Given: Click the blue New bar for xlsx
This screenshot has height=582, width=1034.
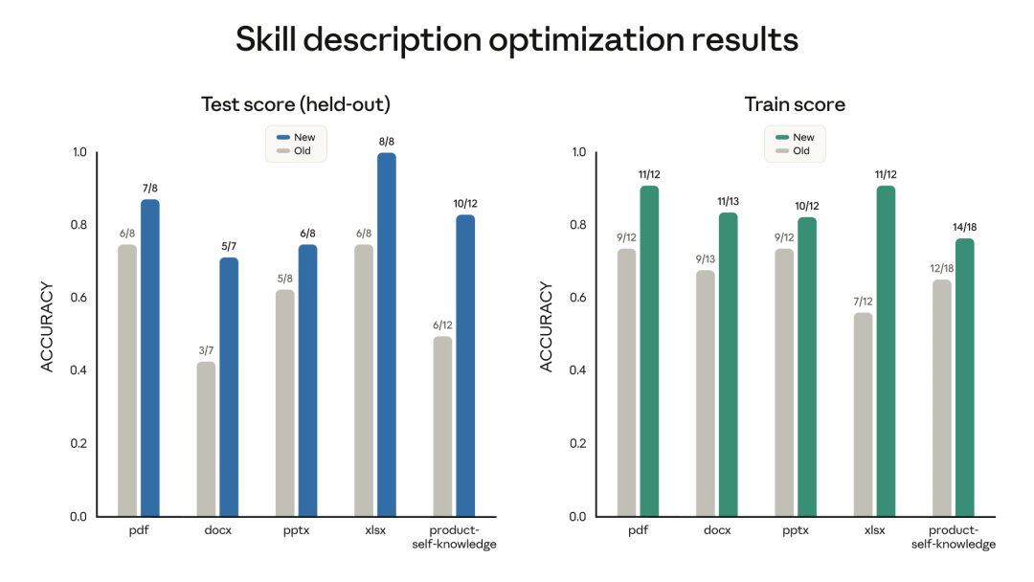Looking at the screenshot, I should pos(386,335).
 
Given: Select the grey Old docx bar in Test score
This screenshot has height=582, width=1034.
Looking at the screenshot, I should pos(206,439).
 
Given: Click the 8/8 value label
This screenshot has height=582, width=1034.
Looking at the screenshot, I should pos(386,142).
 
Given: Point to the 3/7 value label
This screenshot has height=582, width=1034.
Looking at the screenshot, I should pos(206,350).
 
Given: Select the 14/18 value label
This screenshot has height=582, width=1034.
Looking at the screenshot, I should pos(965,227).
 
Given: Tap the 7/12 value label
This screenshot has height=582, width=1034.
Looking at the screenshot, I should pos(863,302).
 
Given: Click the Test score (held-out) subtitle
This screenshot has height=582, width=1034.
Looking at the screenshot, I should pos(295,104).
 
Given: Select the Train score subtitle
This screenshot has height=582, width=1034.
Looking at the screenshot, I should pos(795,104).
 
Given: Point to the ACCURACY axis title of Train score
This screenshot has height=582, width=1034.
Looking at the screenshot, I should pos(547,326).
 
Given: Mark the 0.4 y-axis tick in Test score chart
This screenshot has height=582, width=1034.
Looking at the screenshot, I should pos(79,370).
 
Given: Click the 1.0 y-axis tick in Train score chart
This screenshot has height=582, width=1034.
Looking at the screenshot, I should pos(578,152).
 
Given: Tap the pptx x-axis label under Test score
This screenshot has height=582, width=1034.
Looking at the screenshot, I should pos(295,529).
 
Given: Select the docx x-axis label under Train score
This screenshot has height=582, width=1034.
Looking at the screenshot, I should pos(716,529).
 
